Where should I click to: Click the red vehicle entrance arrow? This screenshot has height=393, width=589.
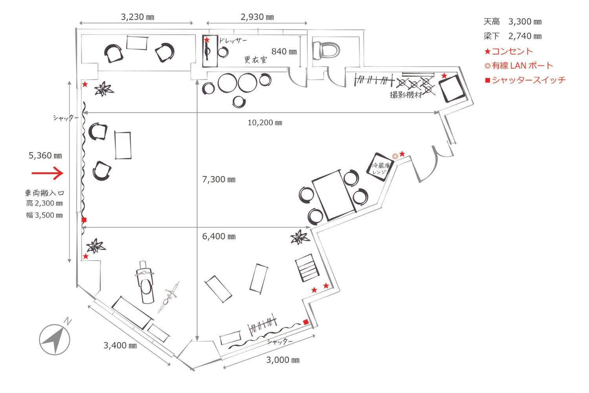pyautogui.click(x=47, y=173)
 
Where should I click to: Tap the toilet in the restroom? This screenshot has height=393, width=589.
pyautogui.click(x=326, y=50)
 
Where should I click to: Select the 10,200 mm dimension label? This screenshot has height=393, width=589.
pyautogui.click(x=265, y=123)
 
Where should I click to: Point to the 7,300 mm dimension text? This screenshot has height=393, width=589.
pyautogui.click(x=219, y=180)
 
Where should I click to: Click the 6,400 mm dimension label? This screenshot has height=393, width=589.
pyautogui.click(x=219, y=236)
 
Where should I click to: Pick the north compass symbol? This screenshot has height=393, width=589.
pyautogui.click(x=55, y=339)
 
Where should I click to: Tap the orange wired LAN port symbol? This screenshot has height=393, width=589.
pyautogui.click(x=395, y=156)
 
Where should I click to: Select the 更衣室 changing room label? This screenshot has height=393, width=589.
pyautogui.click(x=256, y=60)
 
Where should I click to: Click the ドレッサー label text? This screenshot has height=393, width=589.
pyautogui.click(x=233, y=40)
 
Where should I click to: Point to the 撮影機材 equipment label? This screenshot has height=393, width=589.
pyautogui.click(x=406, y=94)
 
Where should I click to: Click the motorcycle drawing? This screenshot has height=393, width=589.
pyautogui.click(x=145, y=282)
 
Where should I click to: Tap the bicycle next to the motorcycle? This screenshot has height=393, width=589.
pyautogui.click(x=169, y=297)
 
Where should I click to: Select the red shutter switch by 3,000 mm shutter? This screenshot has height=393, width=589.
pyautogui.click(x=306, y=322)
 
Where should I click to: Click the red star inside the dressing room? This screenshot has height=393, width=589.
pyautogui.click(x=207, y=40)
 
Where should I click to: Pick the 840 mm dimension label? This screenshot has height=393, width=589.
pyautogui.click(x=284, y=51)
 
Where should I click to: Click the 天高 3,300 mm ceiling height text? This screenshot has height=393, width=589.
pyautogui.click(x=512, y=22)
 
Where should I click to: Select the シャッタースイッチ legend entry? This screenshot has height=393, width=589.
pyautogui.click(x=525, y=80)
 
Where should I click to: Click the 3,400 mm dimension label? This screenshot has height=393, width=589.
pyautogui.click(x=120, y=345)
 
